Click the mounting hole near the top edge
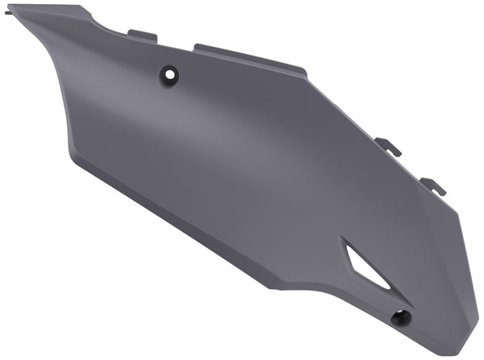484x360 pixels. (170, 73)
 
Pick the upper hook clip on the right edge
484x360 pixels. (389, 147)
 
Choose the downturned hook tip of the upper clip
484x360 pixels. (398, 153)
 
